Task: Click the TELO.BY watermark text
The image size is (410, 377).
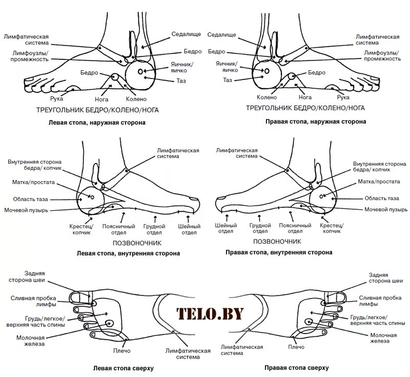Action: click(x=210, y=313)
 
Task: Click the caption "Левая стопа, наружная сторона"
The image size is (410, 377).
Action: click(x=97, y=123)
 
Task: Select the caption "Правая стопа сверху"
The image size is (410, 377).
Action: click(x=296, y=368)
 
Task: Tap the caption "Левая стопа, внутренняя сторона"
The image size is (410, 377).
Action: click(x=128, y=253)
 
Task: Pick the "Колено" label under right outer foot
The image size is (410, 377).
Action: click(x=266, y=97)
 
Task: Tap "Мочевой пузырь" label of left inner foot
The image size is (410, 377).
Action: click(x=26, y=210)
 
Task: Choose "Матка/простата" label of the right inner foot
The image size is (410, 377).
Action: click(x=380, y=182)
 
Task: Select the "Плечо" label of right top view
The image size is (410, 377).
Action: click(x=296, y=347)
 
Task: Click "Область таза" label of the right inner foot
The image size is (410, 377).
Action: click(x=382, y=198)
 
